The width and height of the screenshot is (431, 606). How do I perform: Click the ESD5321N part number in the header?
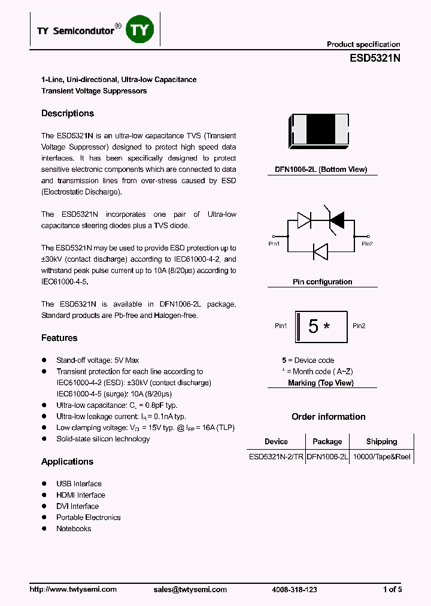pos(375,59)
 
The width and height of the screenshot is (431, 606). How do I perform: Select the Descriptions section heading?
pos(68,113)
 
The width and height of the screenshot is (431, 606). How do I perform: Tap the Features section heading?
pos(59,338)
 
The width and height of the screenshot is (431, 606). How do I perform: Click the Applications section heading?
pos(67,461)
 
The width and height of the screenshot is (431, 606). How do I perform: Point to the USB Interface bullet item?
pos(79,483)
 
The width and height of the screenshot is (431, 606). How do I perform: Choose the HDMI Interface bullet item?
pos(81,495)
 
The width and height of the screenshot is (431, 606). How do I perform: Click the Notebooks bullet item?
pos(74,528)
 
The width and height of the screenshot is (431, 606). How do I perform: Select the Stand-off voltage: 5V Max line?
pos(98,360)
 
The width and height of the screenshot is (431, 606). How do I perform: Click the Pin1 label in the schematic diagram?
pos(274,244)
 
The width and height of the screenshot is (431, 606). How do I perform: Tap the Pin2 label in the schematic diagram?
pos(367,244)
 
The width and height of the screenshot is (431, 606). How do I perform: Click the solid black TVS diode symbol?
pos(336,220)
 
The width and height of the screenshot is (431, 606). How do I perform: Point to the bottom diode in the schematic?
pos(321,252)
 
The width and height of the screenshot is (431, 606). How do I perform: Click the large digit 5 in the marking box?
pos(313,326)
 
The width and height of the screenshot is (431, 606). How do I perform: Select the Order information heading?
pos(328,416)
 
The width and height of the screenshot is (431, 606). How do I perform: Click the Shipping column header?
pos(381,441)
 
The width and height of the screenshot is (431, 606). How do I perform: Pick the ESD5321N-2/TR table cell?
pos(276,456)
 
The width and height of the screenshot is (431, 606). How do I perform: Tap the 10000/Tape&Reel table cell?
pos(381,456)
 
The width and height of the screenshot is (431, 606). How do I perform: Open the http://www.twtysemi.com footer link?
pos(73,589)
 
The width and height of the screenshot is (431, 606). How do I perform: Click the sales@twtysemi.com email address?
pos(190,589)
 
